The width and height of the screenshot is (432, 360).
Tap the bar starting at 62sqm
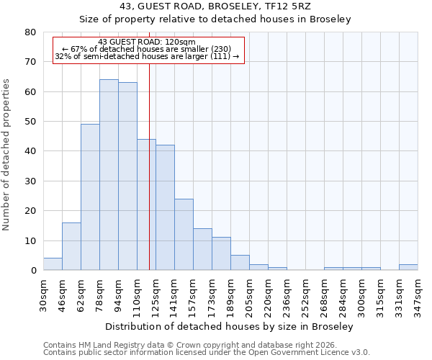point(90,197)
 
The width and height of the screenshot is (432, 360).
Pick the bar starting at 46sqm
point(71,246)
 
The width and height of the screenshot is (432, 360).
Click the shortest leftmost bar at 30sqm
point(53,264)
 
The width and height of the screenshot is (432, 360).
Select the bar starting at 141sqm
point(184,235)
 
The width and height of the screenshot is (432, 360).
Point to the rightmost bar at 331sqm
point(408,267)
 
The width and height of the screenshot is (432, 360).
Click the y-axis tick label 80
point(30,32)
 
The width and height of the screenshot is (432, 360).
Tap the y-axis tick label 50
point(30,122)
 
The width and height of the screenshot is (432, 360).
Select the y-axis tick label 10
point(30,240)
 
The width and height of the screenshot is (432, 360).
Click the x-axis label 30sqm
point(44,294)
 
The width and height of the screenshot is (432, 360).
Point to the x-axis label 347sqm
point(418,294)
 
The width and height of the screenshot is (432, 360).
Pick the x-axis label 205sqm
point(250,294)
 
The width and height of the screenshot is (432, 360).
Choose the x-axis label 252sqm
point(306,294)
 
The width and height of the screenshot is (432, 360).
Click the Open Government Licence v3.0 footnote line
point(207,353)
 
